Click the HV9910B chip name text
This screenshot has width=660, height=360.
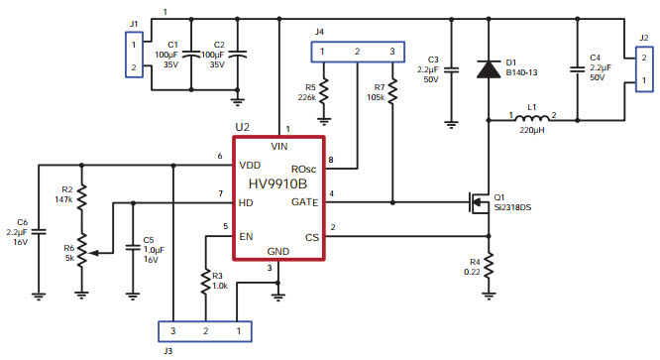277,183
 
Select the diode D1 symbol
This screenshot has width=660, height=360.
487,68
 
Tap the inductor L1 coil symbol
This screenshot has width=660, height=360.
531,119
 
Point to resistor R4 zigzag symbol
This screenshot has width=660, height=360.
488,265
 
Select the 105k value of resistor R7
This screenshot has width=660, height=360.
377,98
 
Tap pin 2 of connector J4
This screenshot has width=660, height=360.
358,52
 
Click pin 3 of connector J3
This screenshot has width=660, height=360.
172,329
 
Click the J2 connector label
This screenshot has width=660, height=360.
643,39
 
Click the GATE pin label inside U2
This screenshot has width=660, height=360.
303,202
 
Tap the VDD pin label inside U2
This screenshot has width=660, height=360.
251,165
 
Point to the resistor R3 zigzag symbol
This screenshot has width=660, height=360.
205,281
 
